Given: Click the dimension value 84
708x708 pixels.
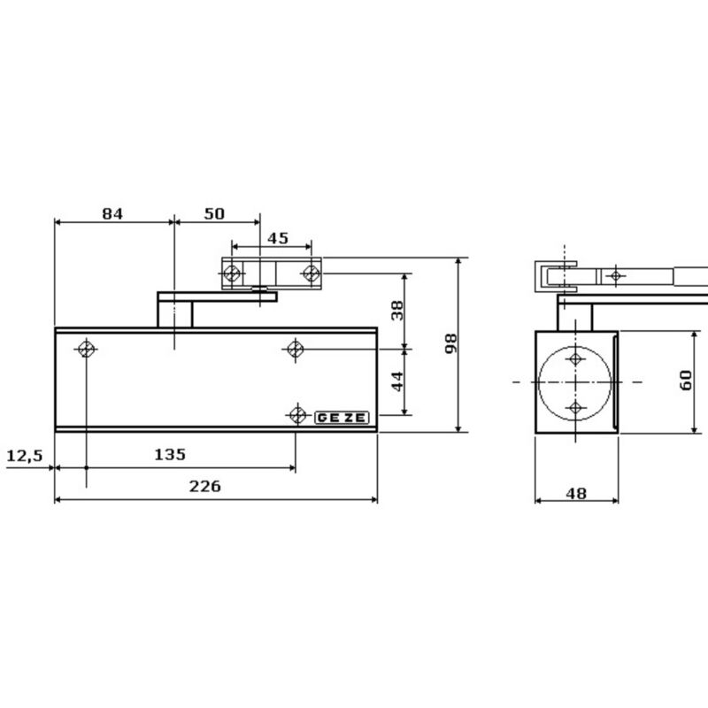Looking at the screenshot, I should coord(112,213).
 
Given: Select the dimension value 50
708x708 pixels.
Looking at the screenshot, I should coord(214,213).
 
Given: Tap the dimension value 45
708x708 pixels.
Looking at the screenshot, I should coord(277,237).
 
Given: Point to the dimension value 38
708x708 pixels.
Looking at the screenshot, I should coord(397,310).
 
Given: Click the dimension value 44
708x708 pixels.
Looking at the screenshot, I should coord(397,381).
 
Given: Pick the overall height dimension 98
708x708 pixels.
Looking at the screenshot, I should coord(450,343).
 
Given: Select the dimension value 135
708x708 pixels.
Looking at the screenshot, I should coord(170,454).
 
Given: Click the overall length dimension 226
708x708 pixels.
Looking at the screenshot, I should coord(205,486).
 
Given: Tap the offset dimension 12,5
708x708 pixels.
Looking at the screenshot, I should coord(24,455).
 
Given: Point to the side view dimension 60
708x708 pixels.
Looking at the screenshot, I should coord(686,381).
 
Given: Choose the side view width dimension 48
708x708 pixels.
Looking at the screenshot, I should coord(576,494).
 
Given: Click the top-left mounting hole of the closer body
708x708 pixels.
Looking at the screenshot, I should coord(86,349).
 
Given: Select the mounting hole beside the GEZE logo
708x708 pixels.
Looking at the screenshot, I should coord(296,414).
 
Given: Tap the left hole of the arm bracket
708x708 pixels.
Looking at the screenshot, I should coord(232,273).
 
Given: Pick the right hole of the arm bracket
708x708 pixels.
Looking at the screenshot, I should coord(310,273).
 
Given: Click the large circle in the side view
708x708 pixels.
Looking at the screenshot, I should coord(575,382).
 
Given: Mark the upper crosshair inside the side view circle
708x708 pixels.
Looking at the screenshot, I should coord(575,358).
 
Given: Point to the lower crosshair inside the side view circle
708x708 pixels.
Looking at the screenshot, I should coord(575,407).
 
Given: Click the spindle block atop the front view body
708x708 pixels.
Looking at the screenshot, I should coord(175,313).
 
